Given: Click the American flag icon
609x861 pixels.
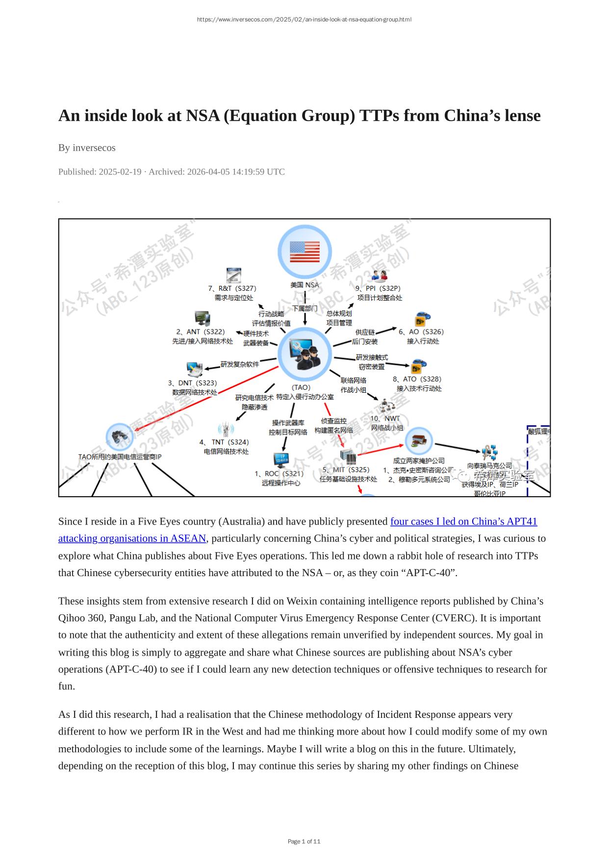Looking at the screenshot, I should point(304,252).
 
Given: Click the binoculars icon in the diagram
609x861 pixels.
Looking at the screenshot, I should point(120,436).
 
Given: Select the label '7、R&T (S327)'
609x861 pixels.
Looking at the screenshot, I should point(232,288).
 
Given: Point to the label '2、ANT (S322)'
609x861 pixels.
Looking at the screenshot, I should point(201,332).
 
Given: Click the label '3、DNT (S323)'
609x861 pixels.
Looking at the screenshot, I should point(193,383).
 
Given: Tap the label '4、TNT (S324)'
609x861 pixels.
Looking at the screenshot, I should point(224,442).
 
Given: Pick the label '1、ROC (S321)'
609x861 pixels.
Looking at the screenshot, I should point(279,474).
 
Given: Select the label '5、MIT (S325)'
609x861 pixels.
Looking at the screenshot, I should point(346,470).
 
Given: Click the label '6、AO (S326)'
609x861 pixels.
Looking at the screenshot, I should point(421,332).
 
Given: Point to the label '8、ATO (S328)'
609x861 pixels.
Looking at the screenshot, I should point(417,379).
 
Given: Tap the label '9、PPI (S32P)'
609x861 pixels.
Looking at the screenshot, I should point(378,288).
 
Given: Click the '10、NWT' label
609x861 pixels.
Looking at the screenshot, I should point(385,418).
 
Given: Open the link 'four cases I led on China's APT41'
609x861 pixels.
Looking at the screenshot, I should point(463,521).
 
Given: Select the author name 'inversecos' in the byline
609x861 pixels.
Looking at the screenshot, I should point(94,148).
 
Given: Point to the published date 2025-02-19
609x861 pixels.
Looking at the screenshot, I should point(120,172).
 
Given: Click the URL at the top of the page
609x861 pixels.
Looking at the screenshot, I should point(304,20).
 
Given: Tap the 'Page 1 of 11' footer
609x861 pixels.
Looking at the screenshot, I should point(304,841).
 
